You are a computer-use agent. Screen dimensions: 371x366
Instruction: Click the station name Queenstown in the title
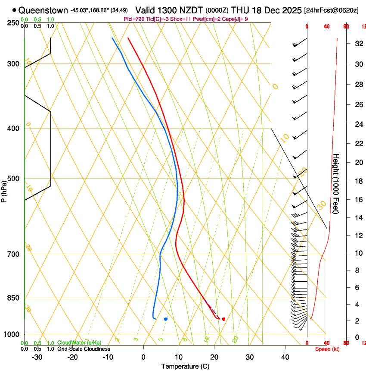point(43,10)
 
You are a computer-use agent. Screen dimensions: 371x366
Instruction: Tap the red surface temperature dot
point(223,319)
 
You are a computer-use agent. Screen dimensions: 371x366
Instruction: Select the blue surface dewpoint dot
point(166,319)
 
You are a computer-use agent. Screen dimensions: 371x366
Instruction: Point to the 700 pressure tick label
point(14,254)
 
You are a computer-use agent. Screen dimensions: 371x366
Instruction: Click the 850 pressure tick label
point(14,298)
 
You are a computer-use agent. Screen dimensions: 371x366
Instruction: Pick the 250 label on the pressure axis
point(14,23)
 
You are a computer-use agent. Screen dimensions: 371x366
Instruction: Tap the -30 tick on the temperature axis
point(37,357)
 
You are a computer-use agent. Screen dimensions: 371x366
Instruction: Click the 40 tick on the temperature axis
point(285,357)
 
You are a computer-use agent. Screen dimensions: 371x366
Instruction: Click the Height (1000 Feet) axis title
point(336,183)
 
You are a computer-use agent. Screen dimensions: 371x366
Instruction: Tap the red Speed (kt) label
point(327,349)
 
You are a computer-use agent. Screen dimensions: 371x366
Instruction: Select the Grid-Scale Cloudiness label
point(84,349)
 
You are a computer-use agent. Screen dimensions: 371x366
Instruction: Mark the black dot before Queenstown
point(15,10)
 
